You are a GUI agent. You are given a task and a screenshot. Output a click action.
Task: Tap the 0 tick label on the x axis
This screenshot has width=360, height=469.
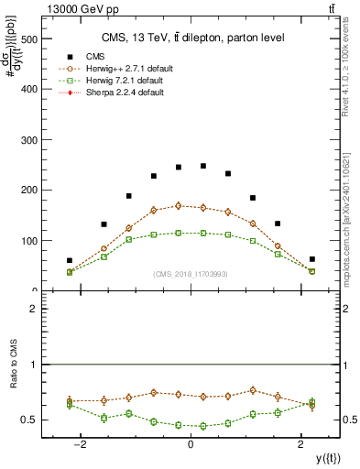click(x=191, y=444)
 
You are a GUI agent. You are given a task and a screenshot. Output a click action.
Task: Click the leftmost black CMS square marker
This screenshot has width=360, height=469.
click(x=70, y=260)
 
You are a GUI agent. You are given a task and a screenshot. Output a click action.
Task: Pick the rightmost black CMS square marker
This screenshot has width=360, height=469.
click(x=311, y=259)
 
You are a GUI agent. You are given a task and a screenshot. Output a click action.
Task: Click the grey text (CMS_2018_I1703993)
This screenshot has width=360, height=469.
click(x=191, y=274)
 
